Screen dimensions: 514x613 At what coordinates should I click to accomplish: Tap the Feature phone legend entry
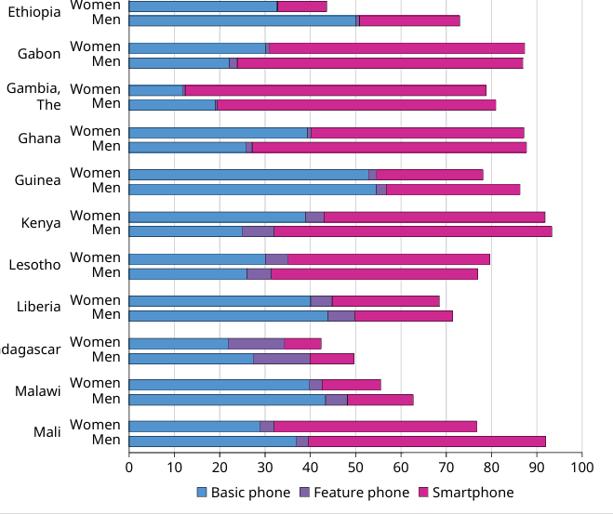[361, 493]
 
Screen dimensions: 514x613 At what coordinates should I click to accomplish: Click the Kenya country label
[41, 223]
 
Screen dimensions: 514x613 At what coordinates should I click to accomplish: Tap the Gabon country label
[39, 54]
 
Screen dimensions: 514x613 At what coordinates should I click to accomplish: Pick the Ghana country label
[39, 138]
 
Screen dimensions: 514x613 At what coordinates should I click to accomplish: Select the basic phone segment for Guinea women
[248, 174]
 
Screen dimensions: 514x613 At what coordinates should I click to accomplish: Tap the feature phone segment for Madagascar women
[256, 343]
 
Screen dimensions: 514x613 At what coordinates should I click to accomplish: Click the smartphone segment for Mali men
[427, 442]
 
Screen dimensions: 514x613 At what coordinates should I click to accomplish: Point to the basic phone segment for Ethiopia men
[242, 20]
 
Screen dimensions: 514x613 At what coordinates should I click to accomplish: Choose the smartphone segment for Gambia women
[336, 90]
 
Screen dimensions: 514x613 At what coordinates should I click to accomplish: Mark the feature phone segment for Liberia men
[340, 315]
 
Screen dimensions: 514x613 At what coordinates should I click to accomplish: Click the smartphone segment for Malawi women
[351, 385]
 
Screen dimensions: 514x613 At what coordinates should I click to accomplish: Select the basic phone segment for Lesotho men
[187, 273]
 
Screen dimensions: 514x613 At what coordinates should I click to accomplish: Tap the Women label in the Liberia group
[96, 300]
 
